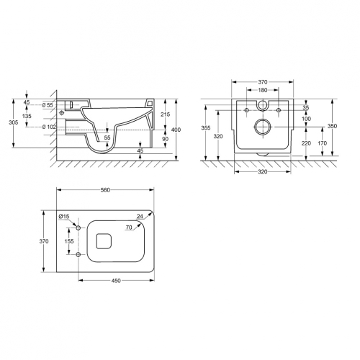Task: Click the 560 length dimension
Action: (105, 190)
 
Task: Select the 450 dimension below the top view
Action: (116, 281)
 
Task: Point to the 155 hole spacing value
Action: (69, 241)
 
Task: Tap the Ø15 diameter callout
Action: (64, 217)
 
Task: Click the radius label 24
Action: (140, 216)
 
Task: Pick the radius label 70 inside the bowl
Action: (129, 227)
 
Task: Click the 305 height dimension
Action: (14, 122)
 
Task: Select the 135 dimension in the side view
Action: (27, 116)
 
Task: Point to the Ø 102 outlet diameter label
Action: (49, 127)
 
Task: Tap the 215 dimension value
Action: (165, 114)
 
